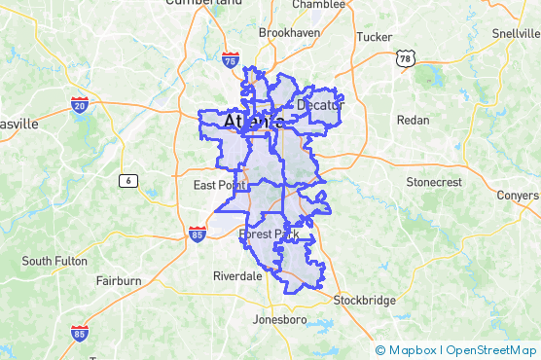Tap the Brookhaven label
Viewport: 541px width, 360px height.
289,32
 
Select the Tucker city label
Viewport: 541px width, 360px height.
375,37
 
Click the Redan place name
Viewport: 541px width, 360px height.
413,120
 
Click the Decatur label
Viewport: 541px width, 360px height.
321,104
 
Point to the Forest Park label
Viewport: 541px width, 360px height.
269,234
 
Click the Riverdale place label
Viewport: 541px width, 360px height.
237,276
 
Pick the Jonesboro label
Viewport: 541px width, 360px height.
279,319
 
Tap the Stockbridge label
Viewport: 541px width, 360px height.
364,301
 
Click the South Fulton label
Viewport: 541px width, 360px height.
54,261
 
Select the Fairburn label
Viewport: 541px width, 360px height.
119,281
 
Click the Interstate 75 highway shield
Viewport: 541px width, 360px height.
231,61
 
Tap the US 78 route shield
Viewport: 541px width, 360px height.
406,59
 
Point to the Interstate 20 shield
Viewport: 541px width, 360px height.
80,104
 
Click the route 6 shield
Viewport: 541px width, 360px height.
127,180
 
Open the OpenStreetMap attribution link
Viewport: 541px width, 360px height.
491,350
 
